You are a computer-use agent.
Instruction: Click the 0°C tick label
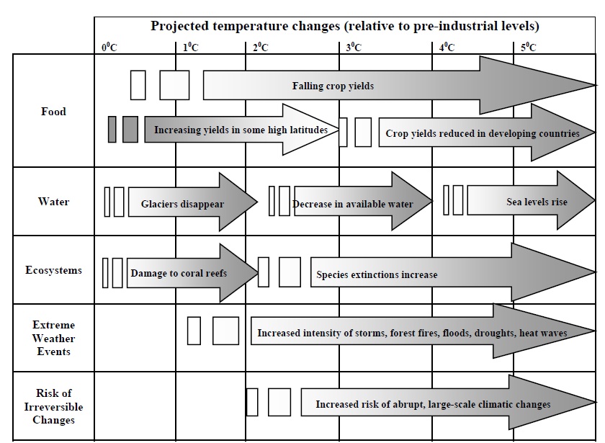109,48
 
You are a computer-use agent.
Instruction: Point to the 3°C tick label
353,48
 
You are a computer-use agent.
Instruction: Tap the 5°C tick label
529,48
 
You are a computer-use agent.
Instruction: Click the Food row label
53,112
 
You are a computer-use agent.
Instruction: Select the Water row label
53,202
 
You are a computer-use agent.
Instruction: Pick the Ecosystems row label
53,270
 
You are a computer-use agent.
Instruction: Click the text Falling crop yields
333,86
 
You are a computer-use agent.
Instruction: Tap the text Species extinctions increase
377,274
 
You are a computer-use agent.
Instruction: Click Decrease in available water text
353,204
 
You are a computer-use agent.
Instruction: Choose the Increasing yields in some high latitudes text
241,130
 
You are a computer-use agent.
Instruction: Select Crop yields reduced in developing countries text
482,133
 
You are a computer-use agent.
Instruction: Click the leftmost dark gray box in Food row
112,129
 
